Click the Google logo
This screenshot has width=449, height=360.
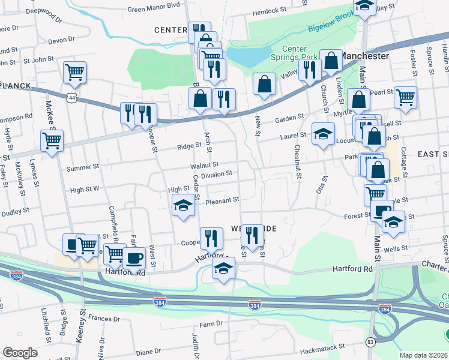tap(20, 353)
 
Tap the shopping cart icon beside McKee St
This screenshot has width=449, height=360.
tap(52, 141)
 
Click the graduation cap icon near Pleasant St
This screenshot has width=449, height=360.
tap(183, 206)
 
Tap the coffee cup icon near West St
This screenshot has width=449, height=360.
tap(134, 258)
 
